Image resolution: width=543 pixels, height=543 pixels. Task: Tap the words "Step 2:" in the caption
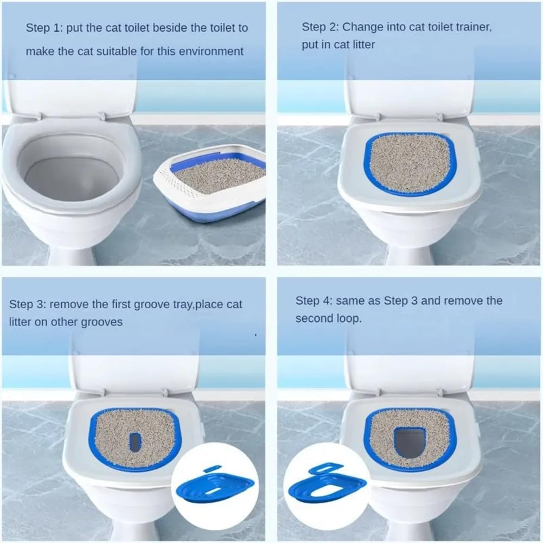pos(320,27)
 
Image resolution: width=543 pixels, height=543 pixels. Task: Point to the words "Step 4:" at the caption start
pos(313,301)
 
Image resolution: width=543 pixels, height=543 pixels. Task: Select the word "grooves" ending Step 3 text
pos(102,322)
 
